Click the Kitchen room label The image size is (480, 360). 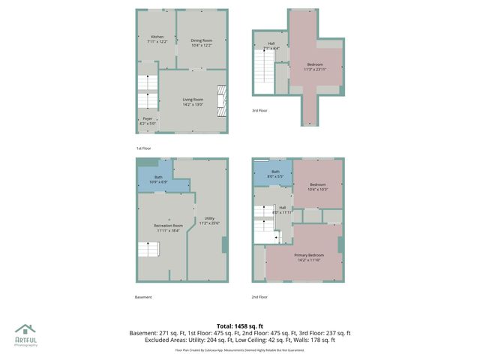[157, 40]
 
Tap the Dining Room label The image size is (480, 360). [201, 43]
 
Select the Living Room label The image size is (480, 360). [193, 101]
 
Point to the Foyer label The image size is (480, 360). [148, 121]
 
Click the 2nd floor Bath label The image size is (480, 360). [275, 174]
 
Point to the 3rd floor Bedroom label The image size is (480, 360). [313, 67]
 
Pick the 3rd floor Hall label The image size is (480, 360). [271, 46]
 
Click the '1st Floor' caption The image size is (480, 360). [143, 148]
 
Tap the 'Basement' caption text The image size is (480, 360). [143, 297]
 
